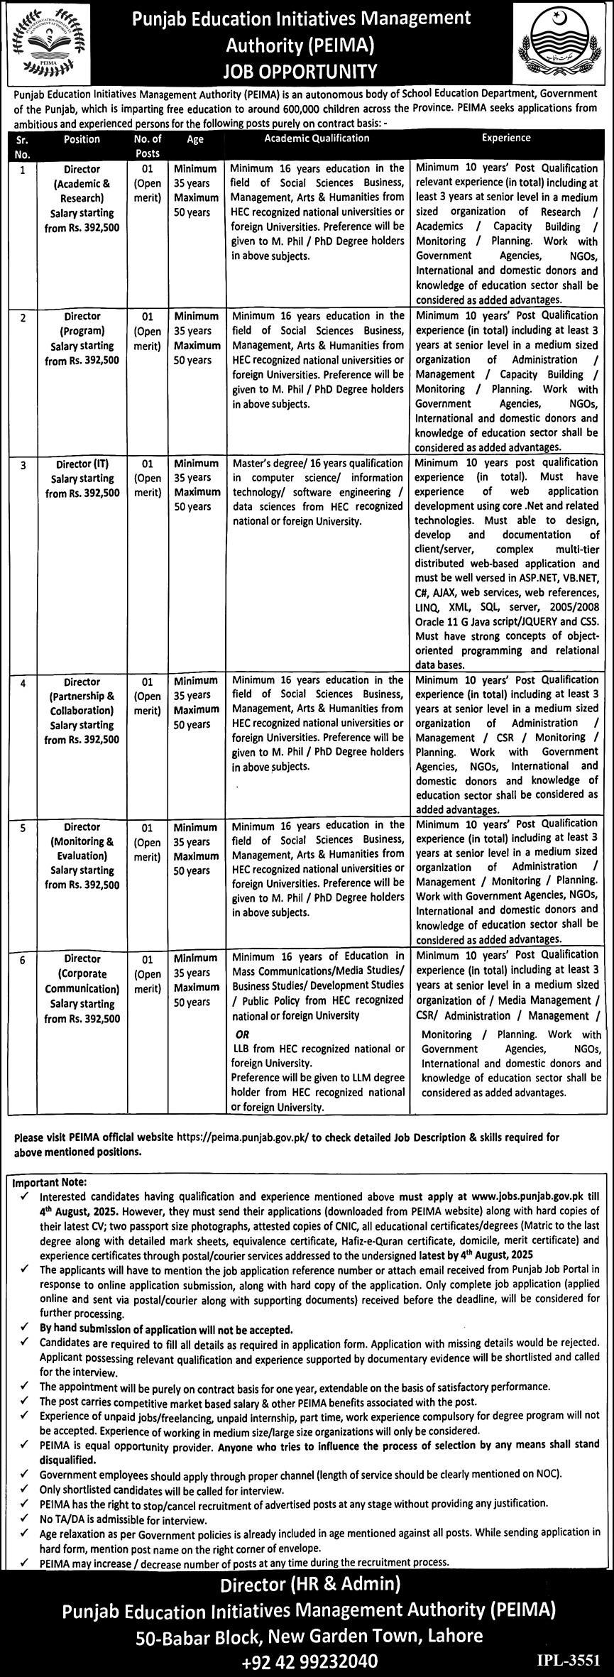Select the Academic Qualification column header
(317, 138)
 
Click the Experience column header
(506, 138)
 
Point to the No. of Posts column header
(148, 146)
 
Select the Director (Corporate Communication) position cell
(82, 988)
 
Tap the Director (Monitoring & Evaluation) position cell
(82, 856)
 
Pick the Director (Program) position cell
(82, 338)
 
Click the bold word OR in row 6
(242, 1034)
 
